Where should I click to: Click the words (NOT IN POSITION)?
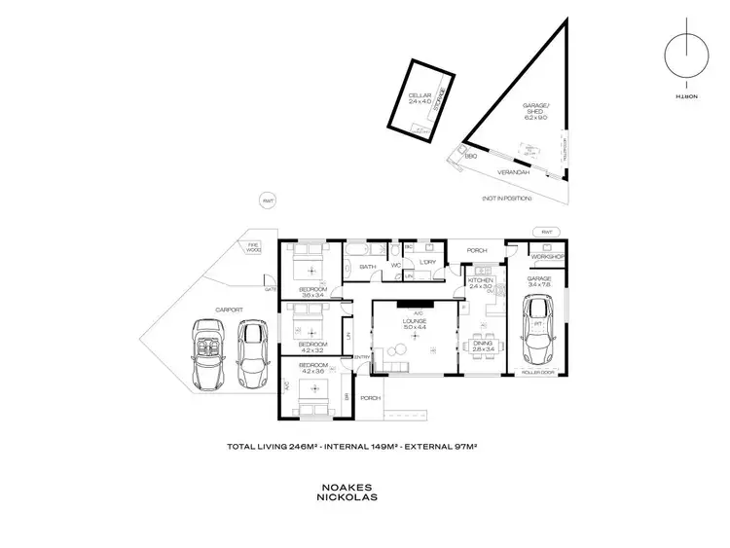506,199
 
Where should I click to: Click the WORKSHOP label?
547,256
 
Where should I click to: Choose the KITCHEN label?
482,280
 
